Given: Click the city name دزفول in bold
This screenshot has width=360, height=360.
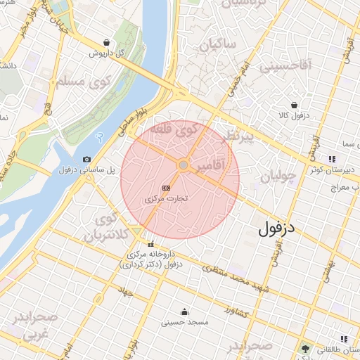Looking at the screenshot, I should [278, 228].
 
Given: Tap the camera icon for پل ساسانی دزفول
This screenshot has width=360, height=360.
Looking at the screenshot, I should [86, 160].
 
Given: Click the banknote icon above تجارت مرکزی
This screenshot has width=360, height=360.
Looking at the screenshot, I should [166, 188].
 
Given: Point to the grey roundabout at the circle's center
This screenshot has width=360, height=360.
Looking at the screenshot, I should [183, 165].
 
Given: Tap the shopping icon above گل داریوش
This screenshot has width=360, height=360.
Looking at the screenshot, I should [105, 42].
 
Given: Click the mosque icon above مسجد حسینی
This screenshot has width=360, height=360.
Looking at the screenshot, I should [184, 311].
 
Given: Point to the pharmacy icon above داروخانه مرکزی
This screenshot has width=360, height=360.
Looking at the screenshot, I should [150, 244].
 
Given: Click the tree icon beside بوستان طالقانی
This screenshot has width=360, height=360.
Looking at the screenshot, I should [305, 349].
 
